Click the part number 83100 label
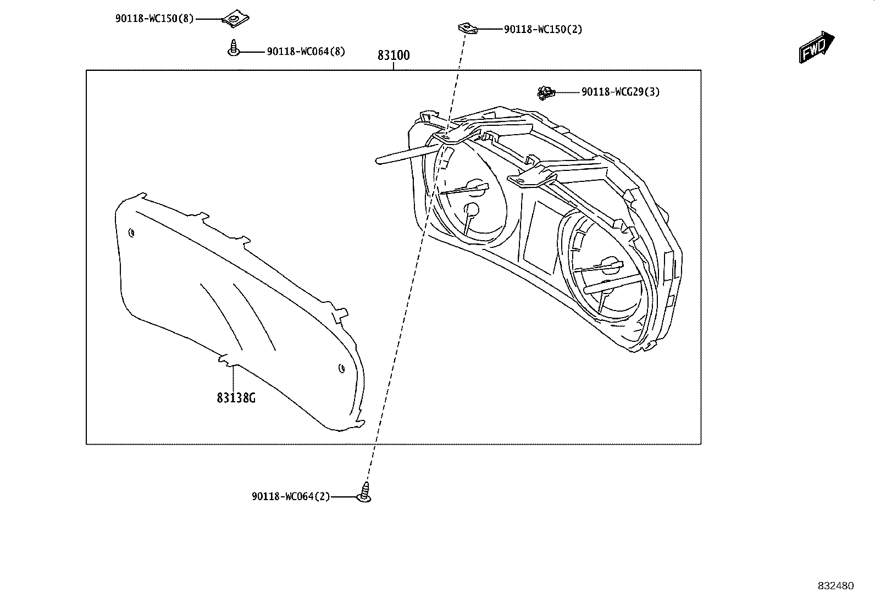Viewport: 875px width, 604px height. coord(394,56)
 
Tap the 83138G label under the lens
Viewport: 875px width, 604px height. coord(236,398)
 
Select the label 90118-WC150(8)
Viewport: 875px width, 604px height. coord(154,18)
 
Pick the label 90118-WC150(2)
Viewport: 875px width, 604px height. coord(543,29)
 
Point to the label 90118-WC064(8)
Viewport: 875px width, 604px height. coord(306,52)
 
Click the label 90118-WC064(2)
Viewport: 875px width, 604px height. coord(291,497)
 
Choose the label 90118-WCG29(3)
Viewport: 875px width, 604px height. coord(621,92)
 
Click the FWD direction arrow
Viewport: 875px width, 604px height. coord(816,47)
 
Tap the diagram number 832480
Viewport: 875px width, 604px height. coord(836,586)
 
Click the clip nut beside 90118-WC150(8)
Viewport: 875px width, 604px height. coord(236,18)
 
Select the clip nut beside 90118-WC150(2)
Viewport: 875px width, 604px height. coord(468,28)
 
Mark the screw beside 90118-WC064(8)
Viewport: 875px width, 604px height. coord(233,48)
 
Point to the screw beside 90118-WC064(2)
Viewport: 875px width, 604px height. coord(364,492)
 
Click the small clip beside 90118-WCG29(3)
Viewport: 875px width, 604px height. coord(546,93)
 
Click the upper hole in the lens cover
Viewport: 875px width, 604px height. coord(132,233)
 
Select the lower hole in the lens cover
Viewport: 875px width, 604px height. coord(341,368)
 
